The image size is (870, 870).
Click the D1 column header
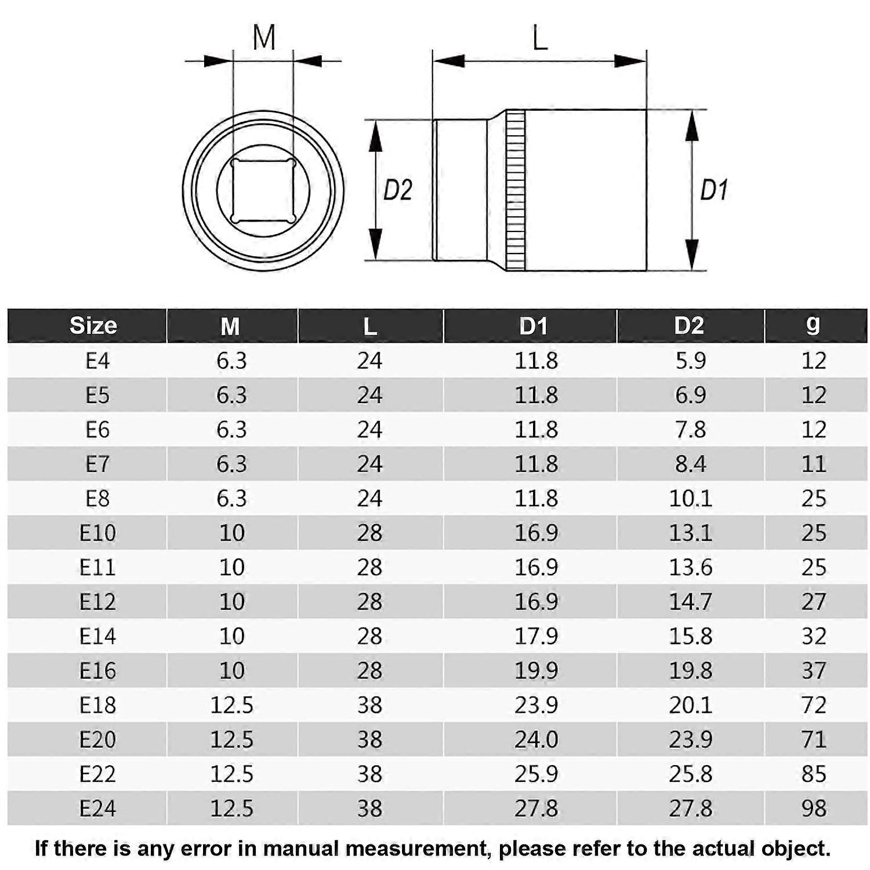pyautogui.click(x=533, y=326)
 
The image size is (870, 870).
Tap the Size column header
pyautogui.click(x=93, y=326)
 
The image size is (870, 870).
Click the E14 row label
pyautogui.click(x=97, y=636)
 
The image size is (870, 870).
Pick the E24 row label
pyautogui.click(x=97, y=809)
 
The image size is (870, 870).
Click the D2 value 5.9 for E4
pyautogui.click(x=690, y=361)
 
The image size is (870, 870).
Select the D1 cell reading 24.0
pyautogui.click(x=536, y=739)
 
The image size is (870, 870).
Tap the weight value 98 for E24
pyautogui.click(x=813, y=809)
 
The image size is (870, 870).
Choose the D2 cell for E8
pyautogui.click(x=690, y=499)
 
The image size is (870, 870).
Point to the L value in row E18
pyautogui.click(x=369, y=705)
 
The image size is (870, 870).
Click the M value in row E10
pyautogui.click(x=231, y=533)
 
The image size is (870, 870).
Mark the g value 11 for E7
pyautogui.click(x=813, y=464)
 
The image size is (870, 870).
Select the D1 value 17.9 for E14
pyautogui.click(x=536, y=636)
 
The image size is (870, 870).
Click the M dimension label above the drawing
pyautogui.click(x=264, y=38)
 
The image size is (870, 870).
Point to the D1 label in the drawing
pyautogui.click(x=713, y=190)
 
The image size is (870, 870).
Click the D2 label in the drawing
pyautogui.click(x=397, y=190)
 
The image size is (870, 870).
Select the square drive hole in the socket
pyautogui.click(x=263, y=190)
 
